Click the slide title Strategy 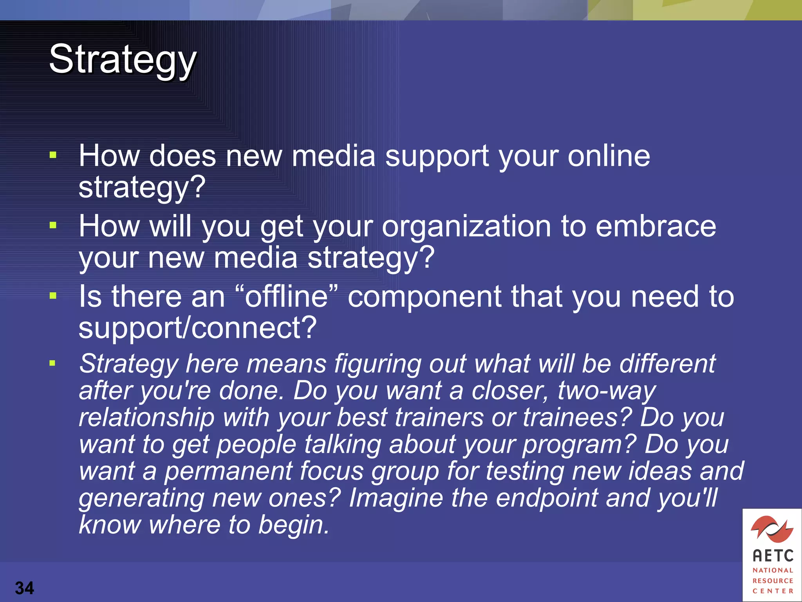123,60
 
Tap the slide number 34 25,588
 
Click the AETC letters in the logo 773,556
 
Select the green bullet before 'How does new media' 53,155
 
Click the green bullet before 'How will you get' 53,225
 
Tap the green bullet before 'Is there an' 53,296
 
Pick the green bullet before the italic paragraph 52,363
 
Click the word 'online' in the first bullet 609,156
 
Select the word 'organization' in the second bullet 466,227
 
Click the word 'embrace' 656,227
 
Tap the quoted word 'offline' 286,296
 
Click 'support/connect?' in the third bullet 197,328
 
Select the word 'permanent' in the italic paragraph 228,471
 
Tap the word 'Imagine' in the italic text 396,498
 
